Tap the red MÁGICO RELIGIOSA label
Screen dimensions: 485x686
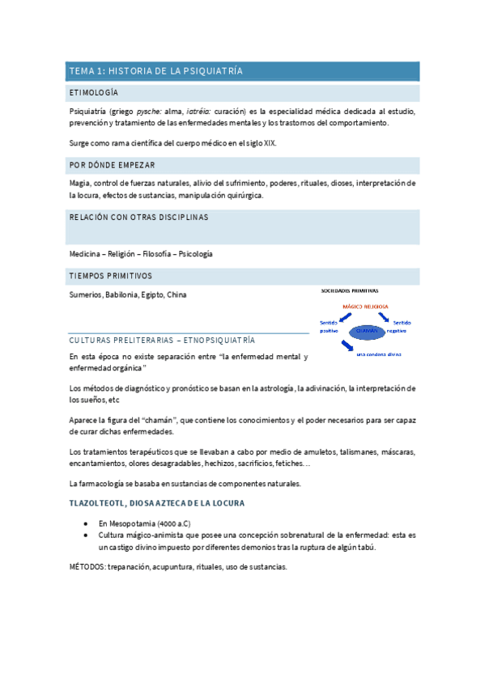click(365, 307)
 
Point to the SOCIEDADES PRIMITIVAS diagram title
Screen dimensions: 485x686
click(349, 290)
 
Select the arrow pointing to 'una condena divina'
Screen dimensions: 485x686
click(347, 346)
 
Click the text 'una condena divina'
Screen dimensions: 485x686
click(378, 354)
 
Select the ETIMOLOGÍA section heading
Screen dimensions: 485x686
click(95, 93)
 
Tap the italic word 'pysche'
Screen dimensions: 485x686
click(147, 110)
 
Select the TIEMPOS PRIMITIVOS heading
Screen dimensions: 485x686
click(111, 276)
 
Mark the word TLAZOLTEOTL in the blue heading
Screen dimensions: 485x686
click(96, 504)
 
